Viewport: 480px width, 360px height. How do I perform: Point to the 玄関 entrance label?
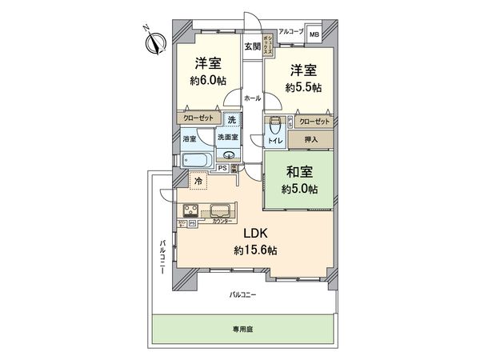[x=252, y=46]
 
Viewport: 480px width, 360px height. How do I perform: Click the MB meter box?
[x=314, y=35]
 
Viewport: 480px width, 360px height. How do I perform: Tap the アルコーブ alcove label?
[x=286, y=33]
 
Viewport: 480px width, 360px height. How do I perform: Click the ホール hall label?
[x=252, y=97]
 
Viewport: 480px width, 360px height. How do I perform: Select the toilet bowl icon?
[x=276, y=126]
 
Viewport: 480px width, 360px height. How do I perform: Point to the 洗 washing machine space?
[x=231, y=120]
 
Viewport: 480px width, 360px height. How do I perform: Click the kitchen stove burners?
[x=193, y=212]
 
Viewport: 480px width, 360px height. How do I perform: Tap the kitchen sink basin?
[x=220, y=211]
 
